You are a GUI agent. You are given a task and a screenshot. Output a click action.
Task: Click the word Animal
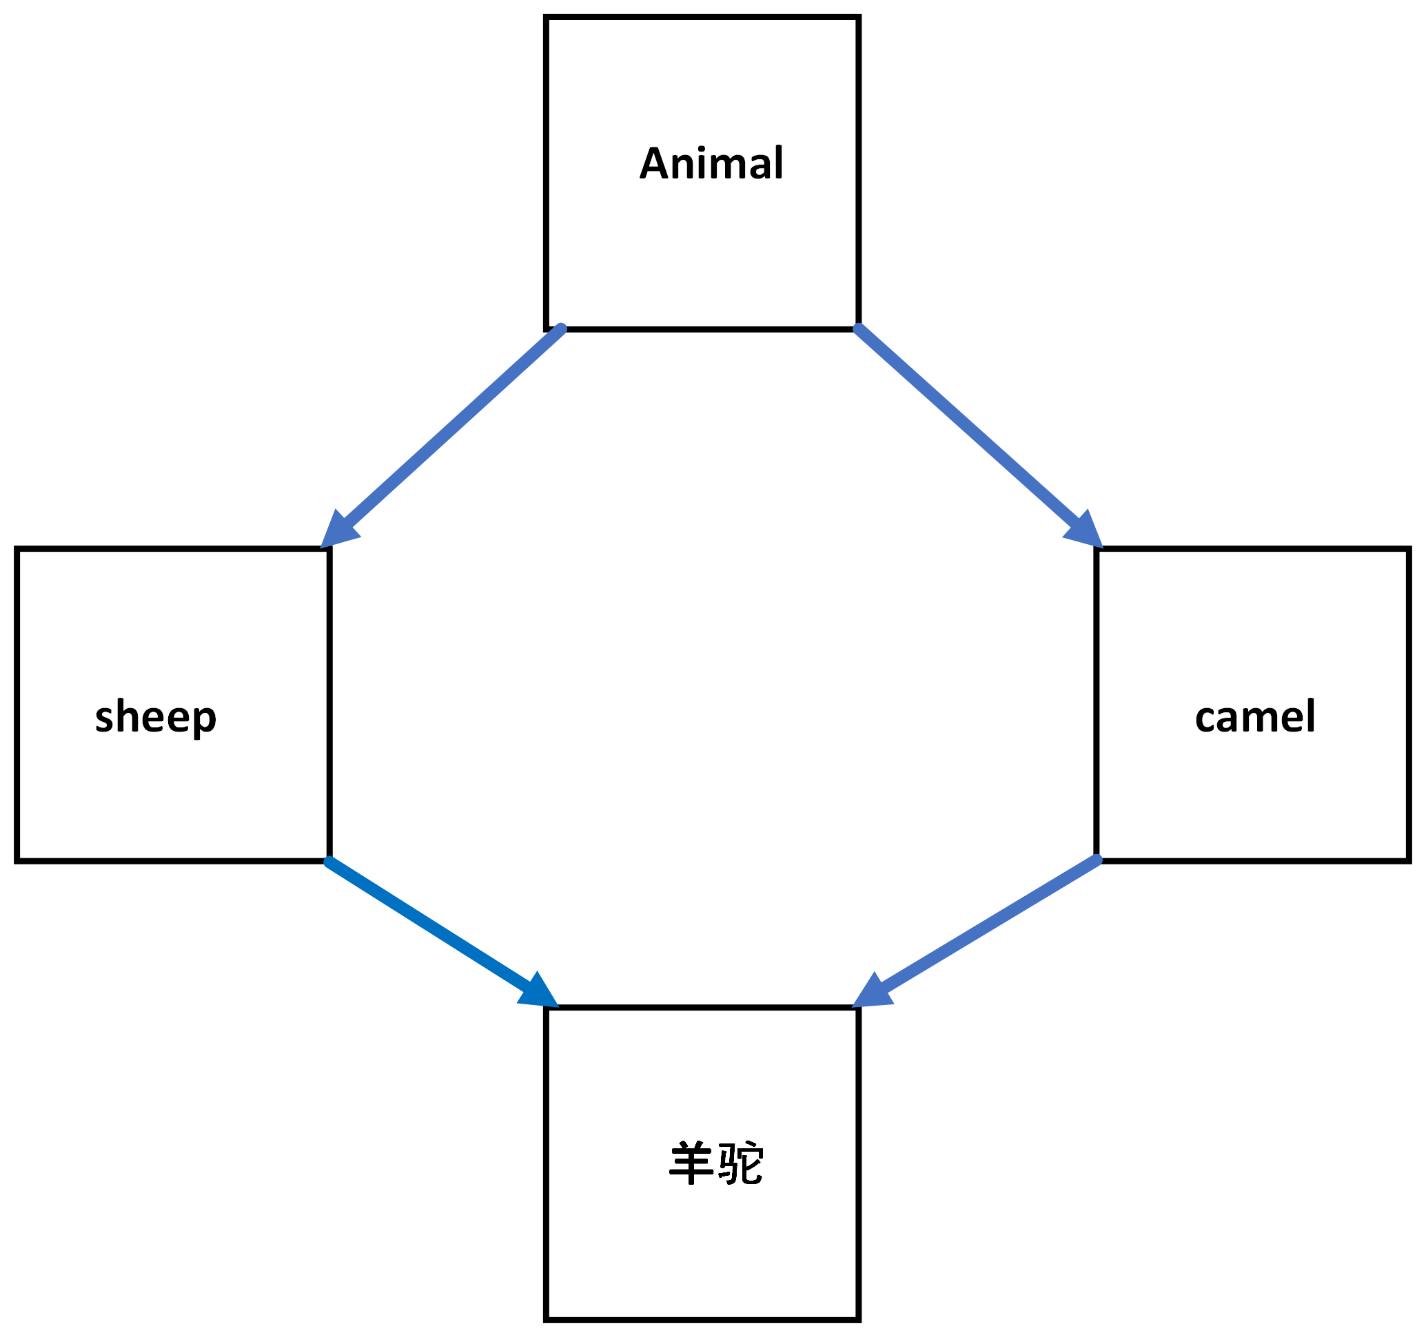click(x=711, y=163)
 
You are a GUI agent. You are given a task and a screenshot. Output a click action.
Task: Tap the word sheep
click(x=155, y=716)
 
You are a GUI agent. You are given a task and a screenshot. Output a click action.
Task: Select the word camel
click(x=1254, y=716)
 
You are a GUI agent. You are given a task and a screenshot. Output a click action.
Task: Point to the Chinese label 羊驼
click(x=715, y=1163)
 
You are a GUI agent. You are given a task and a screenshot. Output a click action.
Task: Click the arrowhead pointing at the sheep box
click(x=336, y=531)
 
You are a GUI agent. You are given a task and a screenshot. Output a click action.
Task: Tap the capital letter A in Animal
click(x=655, y=163)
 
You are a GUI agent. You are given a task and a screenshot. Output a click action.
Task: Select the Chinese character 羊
click(x=690, y=1163)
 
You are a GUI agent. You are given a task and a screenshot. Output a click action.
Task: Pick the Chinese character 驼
click(x=741, y=1163)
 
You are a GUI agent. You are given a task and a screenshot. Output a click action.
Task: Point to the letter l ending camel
click(x=1310, y=715)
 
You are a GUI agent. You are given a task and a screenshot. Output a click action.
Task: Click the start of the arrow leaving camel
click(x=1095, y=860)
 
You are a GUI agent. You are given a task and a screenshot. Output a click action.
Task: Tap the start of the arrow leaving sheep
click(x=330, y=862)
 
